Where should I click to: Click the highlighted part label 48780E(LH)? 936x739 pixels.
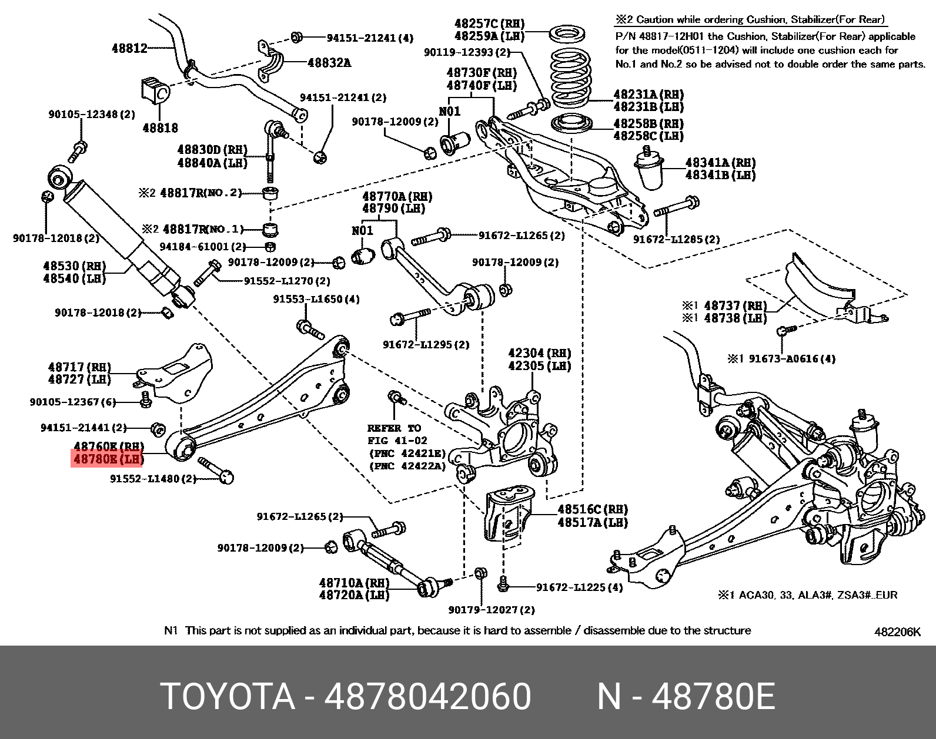(x=108, y=459)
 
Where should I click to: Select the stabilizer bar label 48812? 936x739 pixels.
(x=129, y=48)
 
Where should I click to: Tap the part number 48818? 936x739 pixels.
(x=160, y=127)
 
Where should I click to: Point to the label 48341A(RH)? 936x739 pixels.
(x=720, y=162)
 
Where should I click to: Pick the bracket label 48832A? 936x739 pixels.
(x=329, y=62)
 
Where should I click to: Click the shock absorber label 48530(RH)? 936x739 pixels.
(x=74, y=266)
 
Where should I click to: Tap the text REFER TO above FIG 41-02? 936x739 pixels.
(x=394, y=428)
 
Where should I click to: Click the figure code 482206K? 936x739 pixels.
(x=897, y=631)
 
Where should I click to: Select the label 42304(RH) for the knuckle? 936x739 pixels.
(x=539, y=353)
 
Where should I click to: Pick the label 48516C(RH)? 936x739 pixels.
(x=593, y=509)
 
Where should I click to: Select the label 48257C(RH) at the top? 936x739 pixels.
(x=489, y=23)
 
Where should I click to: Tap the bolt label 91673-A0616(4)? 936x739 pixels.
(x=792, y=358)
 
